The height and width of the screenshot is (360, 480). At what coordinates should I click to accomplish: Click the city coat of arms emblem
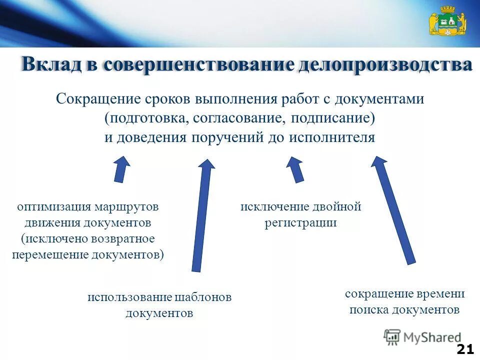coord(447,21)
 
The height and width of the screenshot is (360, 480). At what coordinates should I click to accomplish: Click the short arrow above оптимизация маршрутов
coord(121,169)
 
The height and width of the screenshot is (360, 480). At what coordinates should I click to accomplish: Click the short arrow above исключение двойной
coord(296,169)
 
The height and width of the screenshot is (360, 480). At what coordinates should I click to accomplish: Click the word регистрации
coord(300,223)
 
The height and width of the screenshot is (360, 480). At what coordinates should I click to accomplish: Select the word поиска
coord(369,310)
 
